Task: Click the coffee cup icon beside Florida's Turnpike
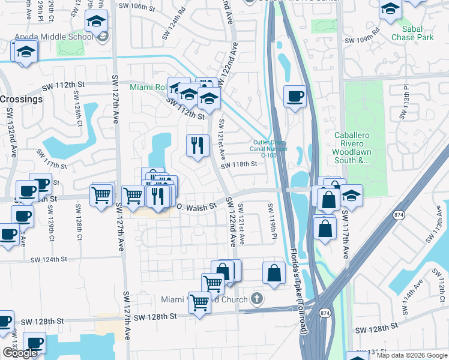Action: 295,97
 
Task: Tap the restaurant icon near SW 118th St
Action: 197,145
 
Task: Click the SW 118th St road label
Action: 239,164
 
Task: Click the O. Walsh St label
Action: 195,207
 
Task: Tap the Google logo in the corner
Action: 19,353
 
